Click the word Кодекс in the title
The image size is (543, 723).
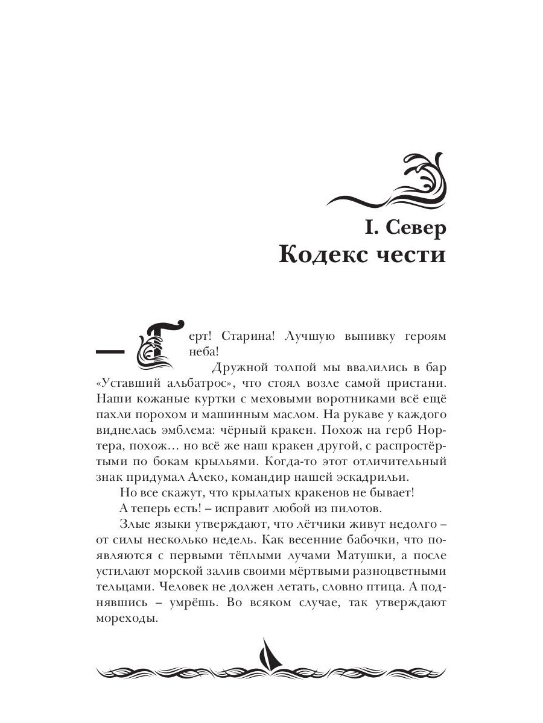coord(326,255)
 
